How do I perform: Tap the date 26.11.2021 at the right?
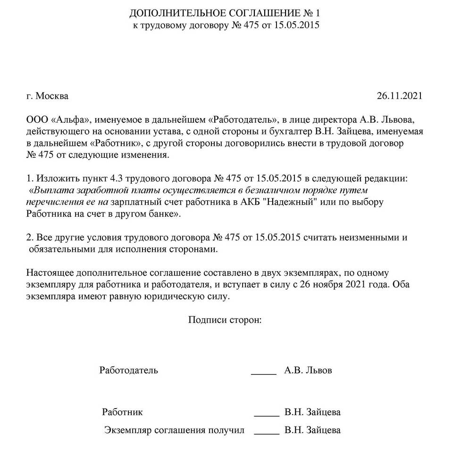tap(399, 96)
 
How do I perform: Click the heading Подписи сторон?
tap(225, 320)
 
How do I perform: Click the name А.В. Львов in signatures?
tap(308, 370)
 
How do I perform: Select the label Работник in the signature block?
tap(122, 412)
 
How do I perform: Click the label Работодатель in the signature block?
tap(129, 370)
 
